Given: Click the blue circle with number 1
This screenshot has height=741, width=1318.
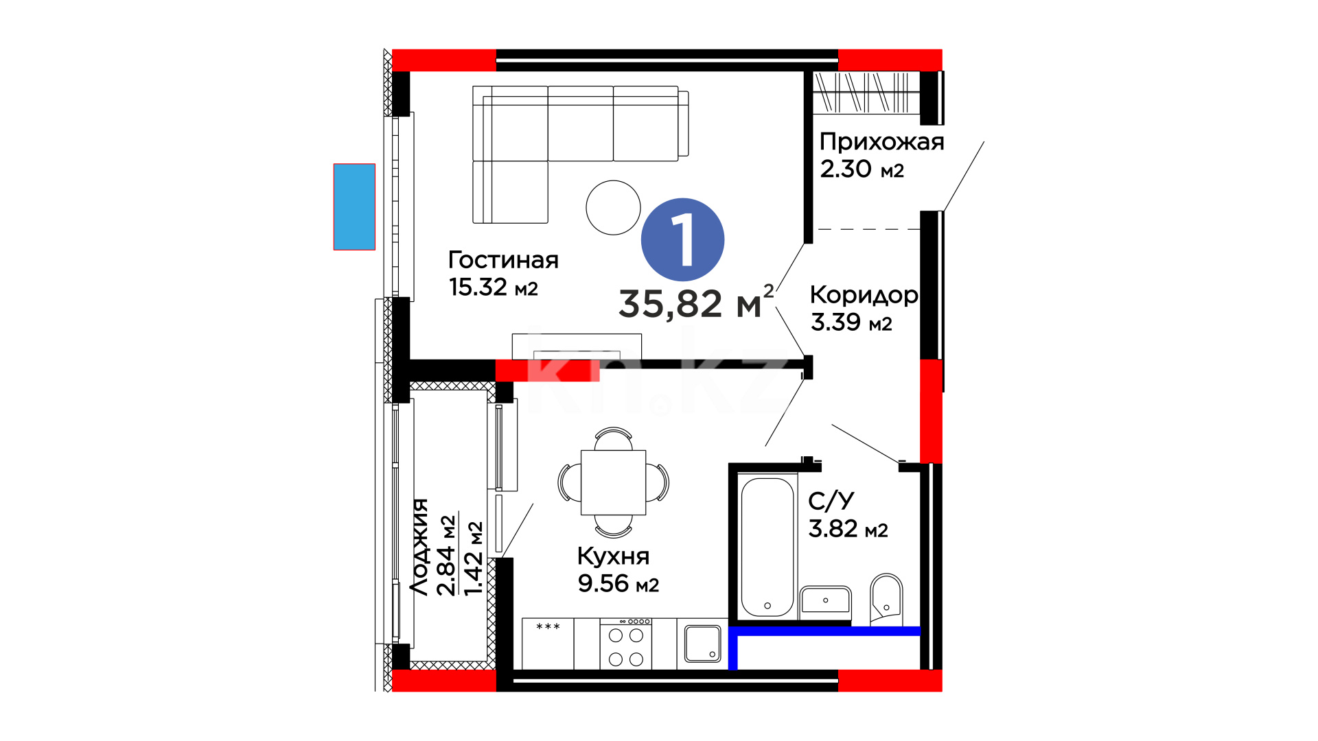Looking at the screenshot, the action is [x=682, y=239].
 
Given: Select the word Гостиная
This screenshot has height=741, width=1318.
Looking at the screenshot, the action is [x=503, y=260].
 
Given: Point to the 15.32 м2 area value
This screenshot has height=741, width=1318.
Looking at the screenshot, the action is [x=493, y=287].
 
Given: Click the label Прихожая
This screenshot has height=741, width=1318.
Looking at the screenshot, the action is [x=881, y=142].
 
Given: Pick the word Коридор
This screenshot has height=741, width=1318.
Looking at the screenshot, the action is [x=864, y=295].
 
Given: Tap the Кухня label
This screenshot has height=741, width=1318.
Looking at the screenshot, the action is [x=613, y=556].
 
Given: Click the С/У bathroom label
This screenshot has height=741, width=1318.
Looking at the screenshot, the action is [x=831, y=502].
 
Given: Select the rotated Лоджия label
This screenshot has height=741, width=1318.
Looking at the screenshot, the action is [x=419, y=547].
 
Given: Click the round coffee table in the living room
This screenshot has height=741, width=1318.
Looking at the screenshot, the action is [x=613, y=207].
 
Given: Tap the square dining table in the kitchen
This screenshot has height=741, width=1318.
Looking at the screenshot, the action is [x=613, y=482].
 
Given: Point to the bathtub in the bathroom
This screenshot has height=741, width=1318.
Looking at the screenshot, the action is [x=767, y=546].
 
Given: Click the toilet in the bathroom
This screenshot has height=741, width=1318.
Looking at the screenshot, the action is [x=886, y=599].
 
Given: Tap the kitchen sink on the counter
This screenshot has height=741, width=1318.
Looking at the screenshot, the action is [x=702, y=644].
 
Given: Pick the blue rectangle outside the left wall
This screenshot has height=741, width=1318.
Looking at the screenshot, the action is [x=354, y=207].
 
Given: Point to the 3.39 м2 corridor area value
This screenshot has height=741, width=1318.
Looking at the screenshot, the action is [x=851, y=322].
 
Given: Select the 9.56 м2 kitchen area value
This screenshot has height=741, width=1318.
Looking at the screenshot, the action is [x=618, y=583].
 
